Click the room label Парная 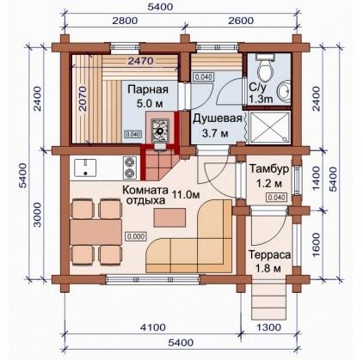tap(148, 89)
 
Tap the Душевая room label tap(217, 119)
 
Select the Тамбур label tap(268, 169)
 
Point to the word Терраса tap(269, 254)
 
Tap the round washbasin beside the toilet tap(283, 92)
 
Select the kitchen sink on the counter tap(85, 168)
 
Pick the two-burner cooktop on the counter tap(129, 167)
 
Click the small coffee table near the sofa tap(169, 218)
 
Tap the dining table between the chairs tap(95, 232)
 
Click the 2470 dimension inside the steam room tap(140, 61)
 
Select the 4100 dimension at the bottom tap(152, 326)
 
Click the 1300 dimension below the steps tap(268, 326)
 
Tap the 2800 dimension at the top tap(125, 21)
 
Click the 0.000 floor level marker tap(136, 236)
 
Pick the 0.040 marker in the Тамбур tap(277, 198)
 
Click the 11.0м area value tap(186, 195)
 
